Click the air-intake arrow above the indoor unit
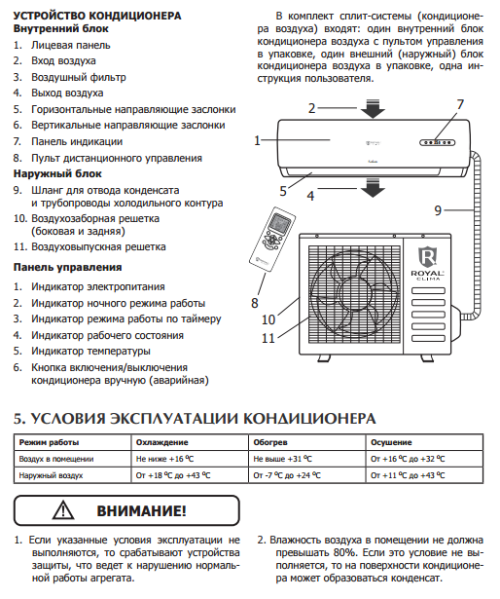tap(373, 108)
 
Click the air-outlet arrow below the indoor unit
tap(373, 188)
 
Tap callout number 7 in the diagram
tap(460, 104)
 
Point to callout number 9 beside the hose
tap(438, 210)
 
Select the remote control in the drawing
tap(272, 240)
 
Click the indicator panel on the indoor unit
tap(438, 142)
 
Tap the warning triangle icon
tap(63, 510)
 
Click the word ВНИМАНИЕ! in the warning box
tap(142, 510)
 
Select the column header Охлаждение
tap(162, 442)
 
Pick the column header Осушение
tap(391, 442)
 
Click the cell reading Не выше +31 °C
tap(282, 459)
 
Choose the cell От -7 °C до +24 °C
tap(287, 475)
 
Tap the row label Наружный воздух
tap(51, 475)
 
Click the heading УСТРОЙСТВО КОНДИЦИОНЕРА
tap(97, 16)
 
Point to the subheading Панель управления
tap(67, 267)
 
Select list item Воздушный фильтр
tap(79, 77)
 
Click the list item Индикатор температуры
tap(90, 351)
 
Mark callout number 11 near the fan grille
tap(268, 338)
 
